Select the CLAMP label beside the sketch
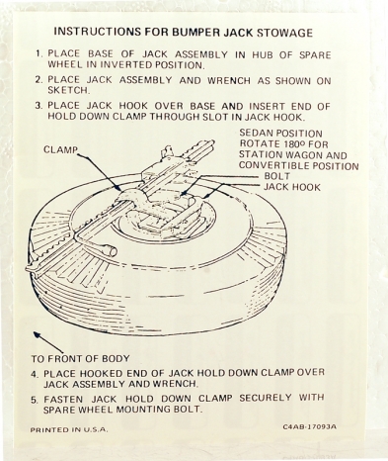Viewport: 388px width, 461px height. (60, 149)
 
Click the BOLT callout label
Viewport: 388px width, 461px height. (277, 176)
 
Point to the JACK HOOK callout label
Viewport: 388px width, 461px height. (292, 187)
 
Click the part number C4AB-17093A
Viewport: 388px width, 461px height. (310, 426)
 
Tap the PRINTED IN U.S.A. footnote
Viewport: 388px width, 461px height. (69, 429)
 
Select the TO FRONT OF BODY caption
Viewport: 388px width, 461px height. (80, 358)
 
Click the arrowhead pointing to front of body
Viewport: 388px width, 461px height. (37, 334)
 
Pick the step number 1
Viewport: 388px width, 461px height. (39, 53)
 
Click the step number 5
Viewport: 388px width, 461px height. (35, 400)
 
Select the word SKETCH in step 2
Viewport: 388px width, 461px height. (68, 90)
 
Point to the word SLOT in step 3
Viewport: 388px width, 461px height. (229, 117)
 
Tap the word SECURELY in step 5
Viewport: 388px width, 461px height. (266, 398)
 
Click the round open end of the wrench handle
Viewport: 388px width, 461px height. (113, 252)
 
